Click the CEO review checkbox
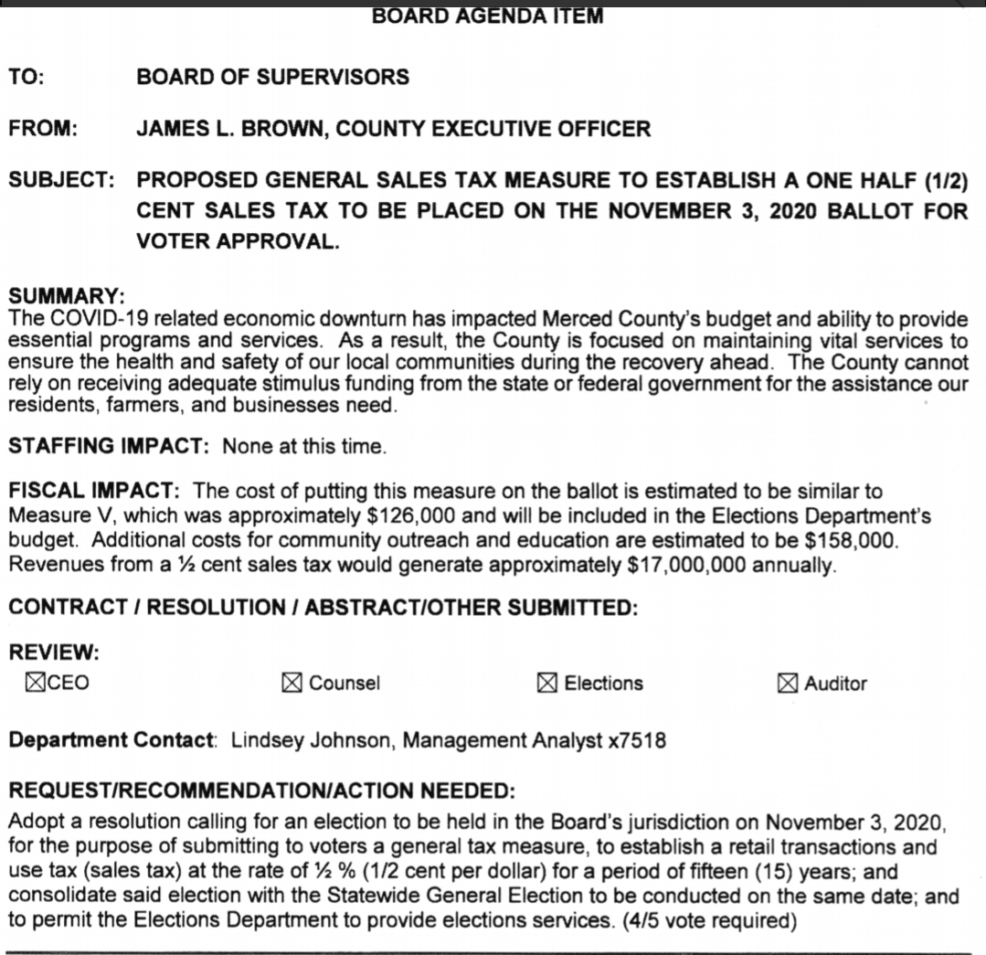tap(36, 682)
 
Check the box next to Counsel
tap(292, 683)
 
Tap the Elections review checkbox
tap(547, 683)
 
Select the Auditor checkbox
tap(788, 683)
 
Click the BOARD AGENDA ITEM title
tap(487, 16)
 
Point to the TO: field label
tap(27, 78)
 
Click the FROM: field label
tap(43, 129)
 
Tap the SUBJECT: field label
tap(62, 180)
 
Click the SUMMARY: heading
tap(66, 298)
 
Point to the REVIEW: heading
tap(54, 653)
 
